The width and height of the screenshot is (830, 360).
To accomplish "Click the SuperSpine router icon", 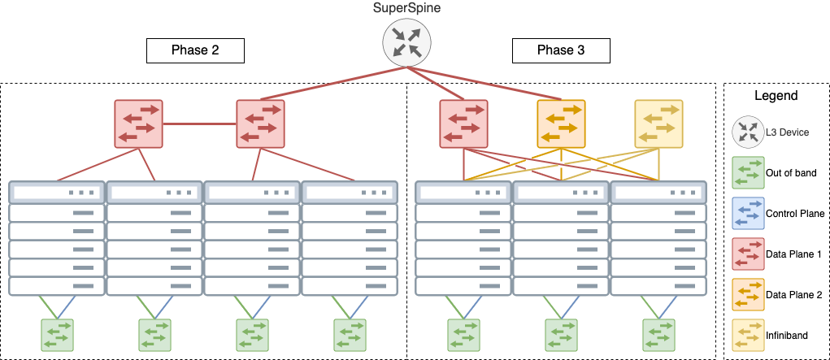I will point(406,42).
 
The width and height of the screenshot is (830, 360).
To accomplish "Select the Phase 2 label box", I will point(195,50).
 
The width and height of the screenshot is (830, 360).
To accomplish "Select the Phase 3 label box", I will point(561,50).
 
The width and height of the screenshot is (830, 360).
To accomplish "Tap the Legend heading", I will point(776,96).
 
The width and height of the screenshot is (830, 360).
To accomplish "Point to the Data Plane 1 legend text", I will point(793,254).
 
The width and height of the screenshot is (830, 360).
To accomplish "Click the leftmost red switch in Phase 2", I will point(138,124).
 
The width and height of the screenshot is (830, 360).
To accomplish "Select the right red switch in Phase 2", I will point(260,124).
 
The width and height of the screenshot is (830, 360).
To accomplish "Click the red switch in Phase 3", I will point(463,124).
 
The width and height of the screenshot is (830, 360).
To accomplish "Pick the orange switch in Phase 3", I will point(561,124).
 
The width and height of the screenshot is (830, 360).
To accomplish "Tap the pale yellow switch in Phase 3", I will point(658,124).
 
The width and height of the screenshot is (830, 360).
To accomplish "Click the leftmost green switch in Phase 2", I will point(57,335).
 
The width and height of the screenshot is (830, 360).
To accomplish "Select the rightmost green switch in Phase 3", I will point(658,335).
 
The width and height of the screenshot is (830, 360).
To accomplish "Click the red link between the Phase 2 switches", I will point(199,124).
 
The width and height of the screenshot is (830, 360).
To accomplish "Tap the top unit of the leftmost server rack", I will point(57,193).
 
